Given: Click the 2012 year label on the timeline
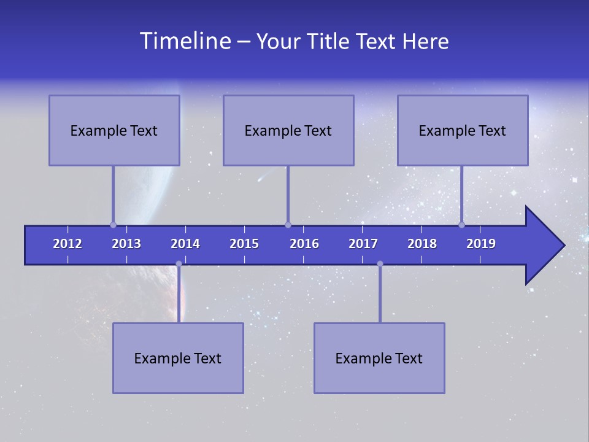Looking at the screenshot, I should tap(67, 244).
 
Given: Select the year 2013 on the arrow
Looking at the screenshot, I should tap(126, 244).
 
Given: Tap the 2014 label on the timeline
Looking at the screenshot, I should tap(185, 244).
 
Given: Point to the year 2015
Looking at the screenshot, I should tap(244, 244).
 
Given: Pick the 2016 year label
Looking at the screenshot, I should tap(304, 244).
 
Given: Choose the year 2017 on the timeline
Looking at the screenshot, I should tap(363, 244).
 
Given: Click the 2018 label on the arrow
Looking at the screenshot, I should tap(422, 244).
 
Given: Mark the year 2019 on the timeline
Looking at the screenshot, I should tap(481, 244).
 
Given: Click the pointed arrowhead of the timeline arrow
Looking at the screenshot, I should tap(546, 246).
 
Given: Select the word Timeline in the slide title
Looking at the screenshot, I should tap(184, 41).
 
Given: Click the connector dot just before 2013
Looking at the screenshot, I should tap(113, 225).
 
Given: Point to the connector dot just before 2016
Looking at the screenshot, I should tap(288, 225).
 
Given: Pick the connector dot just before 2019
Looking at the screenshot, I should tap(462, 225).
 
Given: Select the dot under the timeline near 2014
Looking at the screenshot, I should tap(179, 264).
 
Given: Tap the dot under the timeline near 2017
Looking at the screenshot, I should tap(380, 264).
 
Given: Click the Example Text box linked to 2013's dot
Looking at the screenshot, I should tap(114, 130).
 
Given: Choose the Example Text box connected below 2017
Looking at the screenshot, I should tap(379, 358).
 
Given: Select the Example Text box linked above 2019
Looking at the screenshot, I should tap(463, 130).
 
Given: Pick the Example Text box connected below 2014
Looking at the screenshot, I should tap(178, 358).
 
